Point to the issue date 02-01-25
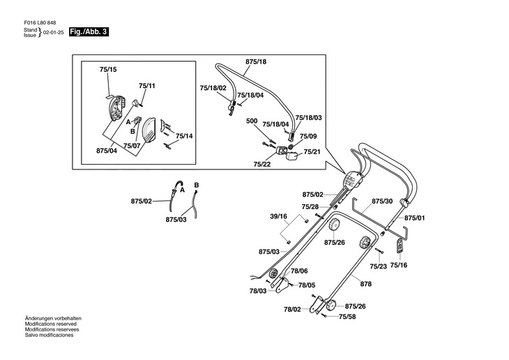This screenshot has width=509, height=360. pos(54,33)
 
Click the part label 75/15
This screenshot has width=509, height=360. pos(108,70)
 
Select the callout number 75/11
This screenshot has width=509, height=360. pos(146,86)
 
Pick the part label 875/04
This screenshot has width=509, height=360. pos(106,150)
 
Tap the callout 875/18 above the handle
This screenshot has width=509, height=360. pos(256,61)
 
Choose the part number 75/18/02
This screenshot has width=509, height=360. pos(213,88)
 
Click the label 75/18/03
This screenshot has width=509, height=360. pos(309,118)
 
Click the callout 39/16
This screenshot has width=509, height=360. pos(278,216)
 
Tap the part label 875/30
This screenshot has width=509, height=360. pos(382,201)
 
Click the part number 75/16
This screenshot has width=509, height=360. pos(399,265)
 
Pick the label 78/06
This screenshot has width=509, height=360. pos(299,271)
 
